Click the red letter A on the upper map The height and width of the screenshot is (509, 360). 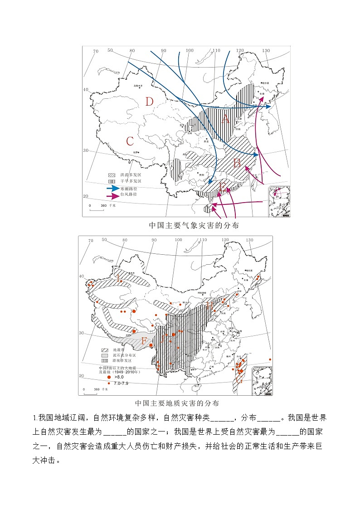click(x=225, y=119)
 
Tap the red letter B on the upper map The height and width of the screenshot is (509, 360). click(x=237, y=163)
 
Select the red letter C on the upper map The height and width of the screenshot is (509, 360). click(x=130, y=141)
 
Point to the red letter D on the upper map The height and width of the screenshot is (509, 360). click(x=149, y=102)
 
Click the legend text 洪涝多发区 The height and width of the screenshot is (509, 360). click(x=131, y=175)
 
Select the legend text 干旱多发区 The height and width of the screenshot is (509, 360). click(x=131, y=181)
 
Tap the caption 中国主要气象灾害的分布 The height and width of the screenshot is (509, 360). click(x=194, y=225)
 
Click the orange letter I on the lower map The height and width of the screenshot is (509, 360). click(x=119, y=279)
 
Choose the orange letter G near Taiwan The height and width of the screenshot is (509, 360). click(x=239, y=380)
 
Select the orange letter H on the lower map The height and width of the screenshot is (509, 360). click(x=209, y=305)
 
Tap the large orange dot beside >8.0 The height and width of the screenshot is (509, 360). click(x=109, y=377)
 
